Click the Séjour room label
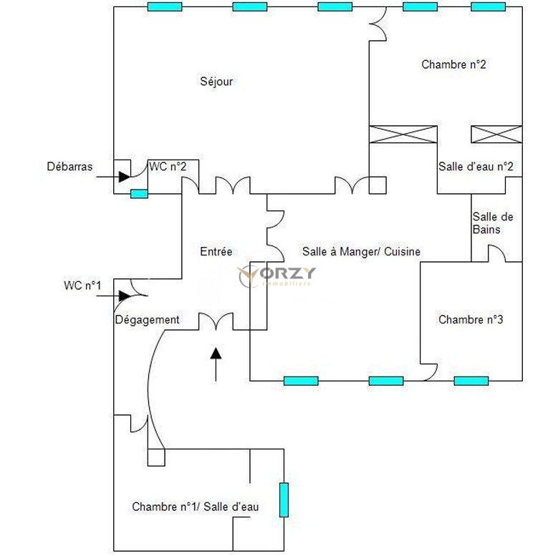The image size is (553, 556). [x=216, y=82]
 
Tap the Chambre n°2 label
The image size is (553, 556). [x=454, y=64]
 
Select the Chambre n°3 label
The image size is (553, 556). [x=471, y=320]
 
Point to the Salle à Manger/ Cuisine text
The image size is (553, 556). [x=361, y=252]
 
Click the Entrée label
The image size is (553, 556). [x=216, y=252]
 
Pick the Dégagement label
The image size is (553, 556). [x=147, y=320]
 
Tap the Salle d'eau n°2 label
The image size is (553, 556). [x=476, y=167]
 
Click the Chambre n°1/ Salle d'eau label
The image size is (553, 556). [x=195, y=507]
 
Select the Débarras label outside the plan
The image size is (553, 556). [x=69, y=167]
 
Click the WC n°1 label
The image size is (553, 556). [x=82, y=286]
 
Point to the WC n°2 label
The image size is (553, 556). [x=168, y=167]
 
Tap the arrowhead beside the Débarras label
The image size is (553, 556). [x=124, y=175]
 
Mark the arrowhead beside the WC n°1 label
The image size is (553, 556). [x=124, y=296]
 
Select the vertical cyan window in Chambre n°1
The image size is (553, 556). [x=284, y=500]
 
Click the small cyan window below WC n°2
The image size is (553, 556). [x=139, y=193]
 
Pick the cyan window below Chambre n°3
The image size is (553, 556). [x=471, y=381]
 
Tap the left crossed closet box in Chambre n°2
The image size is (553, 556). [x=403, y=135]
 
